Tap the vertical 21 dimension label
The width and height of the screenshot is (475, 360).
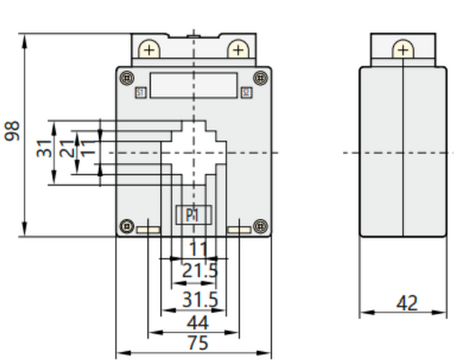pos(65,148)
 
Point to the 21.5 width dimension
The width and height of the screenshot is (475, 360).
pos(200,270)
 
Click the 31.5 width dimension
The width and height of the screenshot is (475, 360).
pos(200,299)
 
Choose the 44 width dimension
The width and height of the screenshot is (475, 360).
pos(198,322)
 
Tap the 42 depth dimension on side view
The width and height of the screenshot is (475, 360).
pos(405,303)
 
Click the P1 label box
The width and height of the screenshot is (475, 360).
pos(191,215)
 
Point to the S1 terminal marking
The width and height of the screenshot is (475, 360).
pos(140,92)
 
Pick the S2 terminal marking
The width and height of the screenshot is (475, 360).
pos(247,92)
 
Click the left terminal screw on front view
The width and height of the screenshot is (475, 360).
pos(151,49)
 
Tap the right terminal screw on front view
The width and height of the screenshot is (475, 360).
pos(237,49)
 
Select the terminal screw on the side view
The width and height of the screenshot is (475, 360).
pos(403,49)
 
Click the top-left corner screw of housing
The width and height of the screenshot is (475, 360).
pos(127,77)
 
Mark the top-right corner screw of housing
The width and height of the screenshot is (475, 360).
pos(260,77)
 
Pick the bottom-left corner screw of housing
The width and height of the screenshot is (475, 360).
pos(127,225)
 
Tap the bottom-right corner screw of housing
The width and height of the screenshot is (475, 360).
pos(260,225)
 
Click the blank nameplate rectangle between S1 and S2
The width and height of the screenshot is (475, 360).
pos(193,86)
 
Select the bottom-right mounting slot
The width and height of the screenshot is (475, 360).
pos(239,231)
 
